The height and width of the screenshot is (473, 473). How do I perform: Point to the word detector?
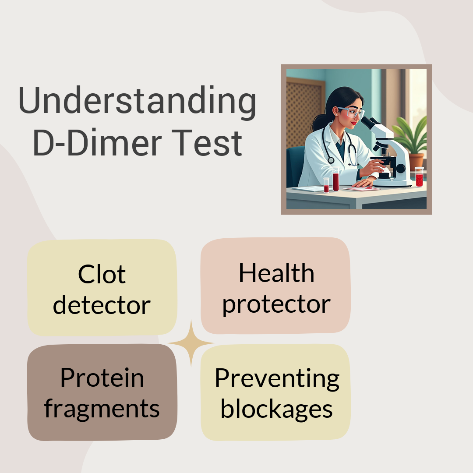click(x=102, y=305)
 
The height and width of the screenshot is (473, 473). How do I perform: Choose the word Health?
click(x=276, y=273)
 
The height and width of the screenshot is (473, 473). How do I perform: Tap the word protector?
click(x=276, y=305)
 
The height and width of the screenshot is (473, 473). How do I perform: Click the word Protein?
click(x=102, y=378)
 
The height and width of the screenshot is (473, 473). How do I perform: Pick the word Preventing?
click(x=277, y=379)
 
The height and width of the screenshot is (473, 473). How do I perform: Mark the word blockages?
click(x=277, y=409)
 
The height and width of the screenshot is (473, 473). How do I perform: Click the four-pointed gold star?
click(x=191, y=343)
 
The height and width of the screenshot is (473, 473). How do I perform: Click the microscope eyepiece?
click(x=368, y=122)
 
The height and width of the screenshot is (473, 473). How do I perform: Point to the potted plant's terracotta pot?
click(x=417, y=161)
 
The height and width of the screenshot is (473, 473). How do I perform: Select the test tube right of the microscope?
click(x=419, y=177)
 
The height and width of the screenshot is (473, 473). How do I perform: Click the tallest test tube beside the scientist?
click(x=336, y=179)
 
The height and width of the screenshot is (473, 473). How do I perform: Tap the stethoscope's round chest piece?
click(x=331, y=160)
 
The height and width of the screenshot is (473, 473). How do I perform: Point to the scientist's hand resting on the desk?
click(x=364, y=183)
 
